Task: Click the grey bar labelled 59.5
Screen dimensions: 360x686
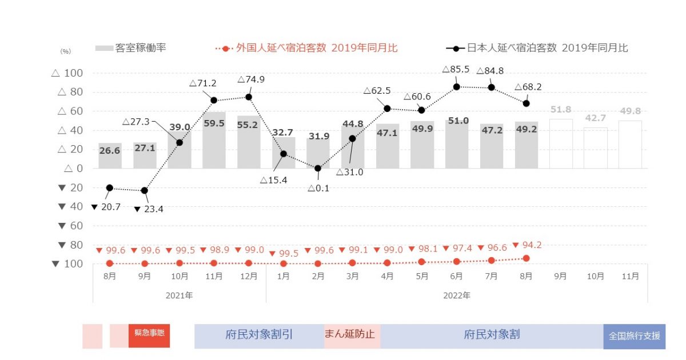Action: click(x=214, y=140)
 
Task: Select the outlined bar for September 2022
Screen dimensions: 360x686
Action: click(x=560, y=143)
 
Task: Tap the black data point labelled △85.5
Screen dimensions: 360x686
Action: click(x=456, y=87)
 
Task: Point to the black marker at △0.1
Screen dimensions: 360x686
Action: click(x=318, y=168)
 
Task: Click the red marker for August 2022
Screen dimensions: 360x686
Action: click(x=526, y=258)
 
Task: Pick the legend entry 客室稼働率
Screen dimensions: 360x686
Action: click(x=131, y=48)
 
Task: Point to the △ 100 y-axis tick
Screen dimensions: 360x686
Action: click(x=67, y=73)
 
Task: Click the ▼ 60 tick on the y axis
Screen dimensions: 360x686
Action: click(x=67, y=226)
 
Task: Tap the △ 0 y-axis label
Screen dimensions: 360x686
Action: click(x=73, y=169)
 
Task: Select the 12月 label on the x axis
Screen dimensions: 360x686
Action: click(x=249, y=276)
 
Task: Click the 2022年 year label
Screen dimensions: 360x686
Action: click(x=456, y=295)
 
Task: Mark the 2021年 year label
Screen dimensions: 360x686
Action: click(x=180, y=295)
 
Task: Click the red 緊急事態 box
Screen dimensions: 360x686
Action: click(x=149, y=335)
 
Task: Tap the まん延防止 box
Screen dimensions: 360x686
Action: click(x=349, y=335)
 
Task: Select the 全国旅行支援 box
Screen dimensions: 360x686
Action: click(x=635, y=336)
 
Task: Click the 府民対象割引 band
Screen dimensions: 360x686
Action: click(x=259, y=335)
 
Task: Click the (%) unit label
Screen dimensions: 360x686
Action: click(x=65, y=51)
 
